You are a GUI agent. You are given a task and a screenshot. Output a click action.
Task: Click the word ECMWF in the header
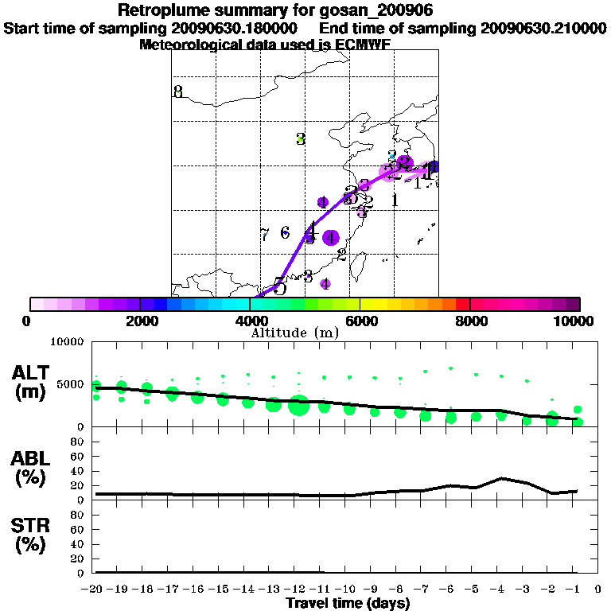pyautogui.click(x=364, y=45)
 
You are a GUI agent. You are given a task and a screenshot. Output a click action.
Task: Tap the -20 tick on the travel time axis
pyautogui.click(x=95, y=589)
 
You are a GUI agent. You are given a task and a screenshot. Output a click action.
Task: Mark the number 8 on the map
pyautogui.click(x=178, y=91)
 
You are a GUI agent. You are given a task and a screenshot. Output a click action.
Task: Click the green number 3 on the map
pyautogui.click(x=301, y=138)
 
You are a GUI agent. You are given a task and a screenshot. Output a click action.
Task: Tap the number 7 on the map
pyautogui.click(x=264, y=235)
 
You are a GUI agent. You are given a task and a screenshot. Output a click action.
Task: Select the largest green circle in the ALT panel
pyautogui.click(x=298, y=405)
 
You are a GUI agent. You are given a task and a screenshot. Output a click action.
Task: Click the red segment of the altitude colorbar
pyautogui.click(x=462, y=304)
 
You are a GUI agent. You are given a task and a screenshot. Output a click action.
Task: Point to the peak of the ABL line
pyautogui.click(x=501, y=478)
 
